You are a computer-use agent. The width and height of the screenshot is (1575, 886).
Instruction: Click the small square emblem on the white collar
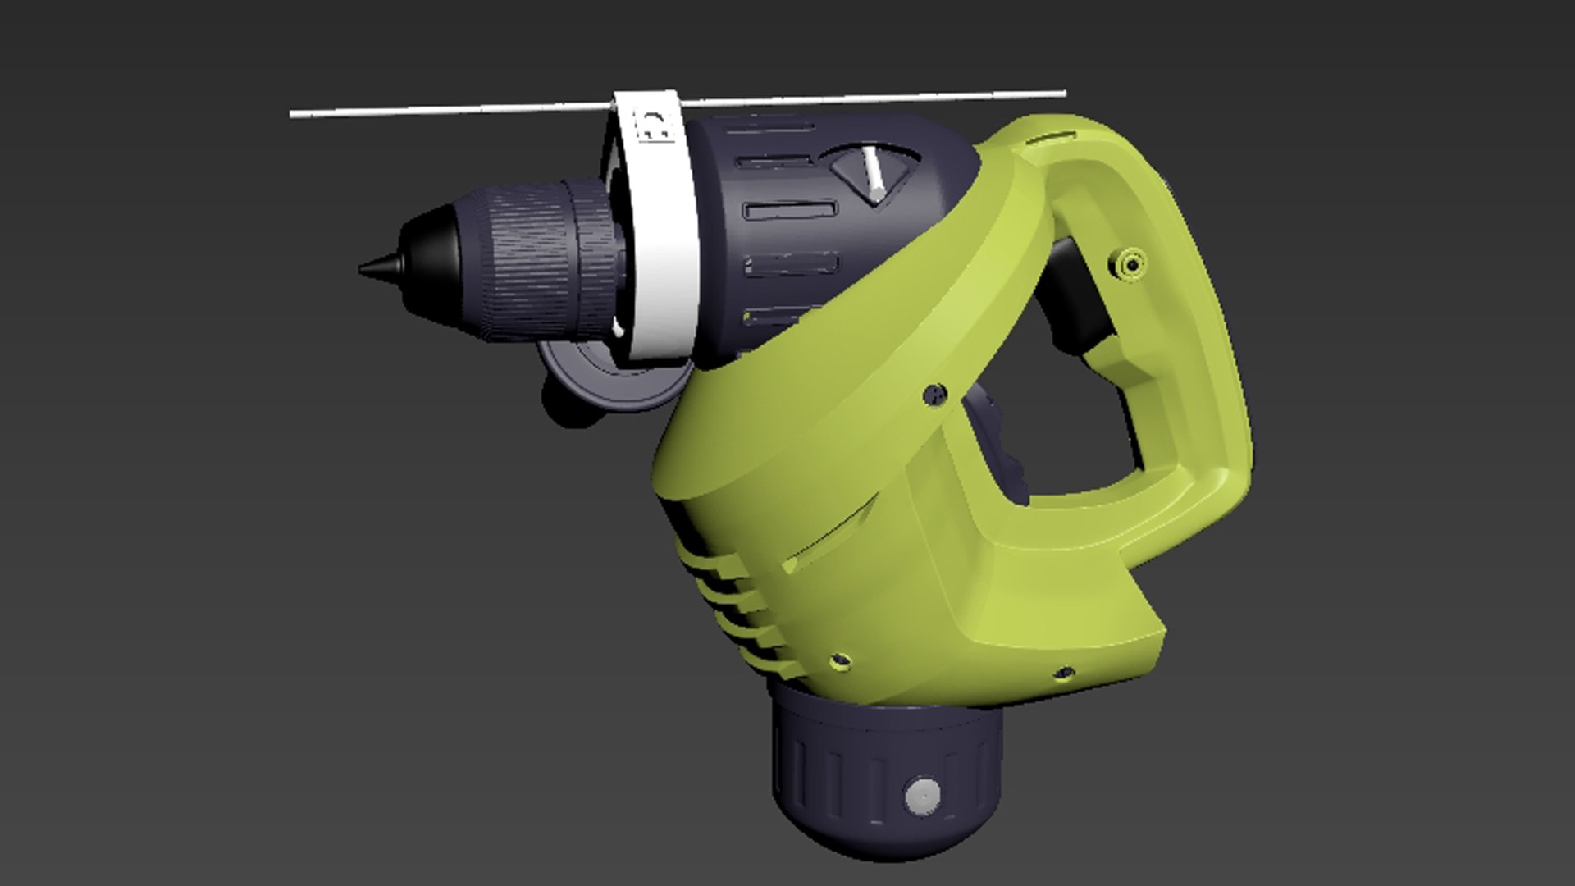point(654,125)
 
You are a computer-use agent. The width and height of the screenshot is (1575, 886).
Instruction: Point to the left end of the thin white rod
point(294,115)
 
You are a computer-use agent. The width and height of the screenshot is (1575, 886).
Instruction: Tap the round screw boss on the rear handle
point(1130,265)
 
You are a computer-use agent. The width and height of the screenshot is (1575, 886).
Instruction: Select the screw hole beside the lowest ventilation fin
point(838,659)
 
